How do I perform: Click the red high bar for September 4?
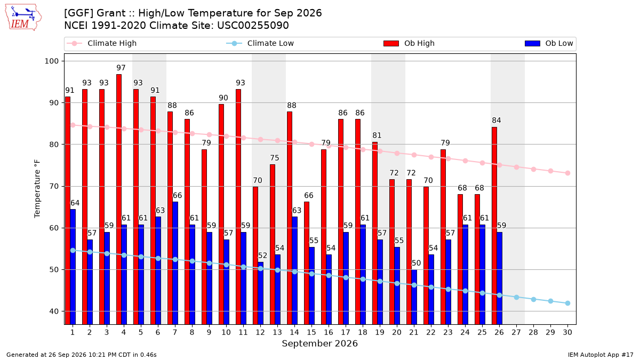pyautogui.click(x=119, y=199)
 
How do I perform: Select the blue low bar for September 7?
pyautogui.click(x=175, y=263)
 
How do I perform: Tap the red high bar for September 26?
pyautogui.click(x=494, y=226)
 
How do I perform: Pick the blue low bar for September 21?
pyautogui.click(x=414, y=297)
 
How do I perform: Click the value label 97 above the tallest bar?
pyautogui.click(x=121, y=68)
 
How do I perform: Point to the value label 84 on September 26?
pyautogui.click(x=497, y=121)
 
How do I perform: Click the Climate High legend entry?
pyautogui.click(x=101, y=43)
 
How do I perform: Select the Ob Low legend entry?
pyautogui.click(x=549, y=43)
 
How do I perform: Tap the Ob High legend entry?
pyautogui.click(x=409, y=43)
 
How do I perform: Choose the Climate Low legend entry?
pyautogui.click(x=260, y=43)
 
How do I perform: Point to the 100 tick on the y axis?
pyautogui.click(x=51, y=61)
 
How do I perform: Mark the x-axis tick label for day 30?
pyautogui.click(x=567, y=332)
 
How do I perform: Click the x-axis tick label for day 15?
pyautogui.click(x=311, y=332)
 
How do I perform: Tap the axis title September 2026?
pyautogui.click(x=319, y=343)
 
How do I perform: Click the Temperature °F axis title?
pyautogui.click(x=37, y=189)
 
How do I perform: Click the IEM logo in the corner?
pyautogui.click(x=23, y=17)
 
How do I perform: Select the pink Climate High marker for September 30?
pyautogui.click(x=567, y=173)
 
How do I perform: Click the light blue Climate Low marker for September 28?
pyautogui.click(x=533, y=299)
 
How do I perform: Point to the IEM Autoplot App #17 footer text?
pyautogui.click(x=601, y=355)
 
